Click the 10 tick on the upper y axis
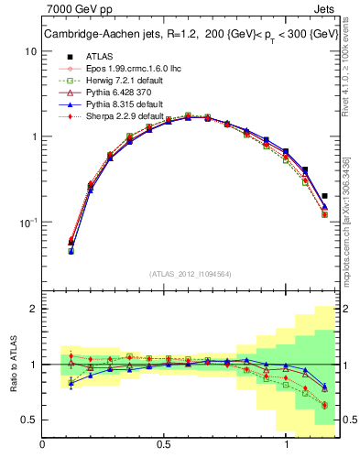31,51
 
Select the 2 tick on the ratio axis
33,309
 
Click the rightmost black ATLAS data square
325,195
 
